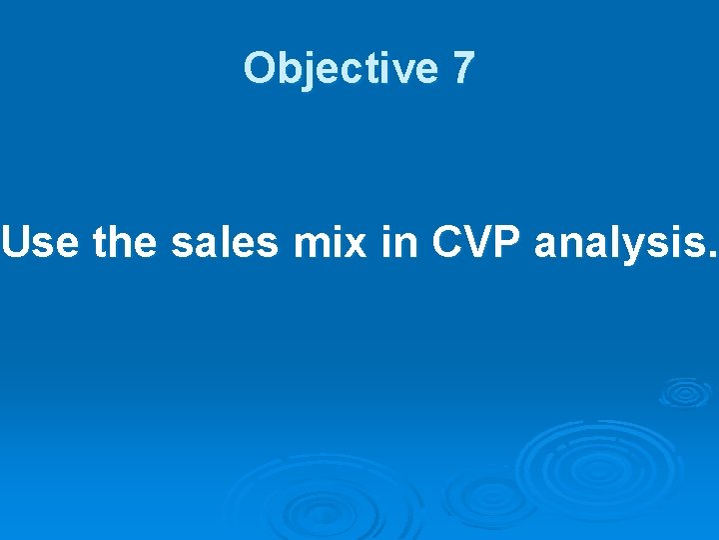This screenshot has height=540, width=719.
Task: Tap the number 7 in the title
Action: pos(462,69)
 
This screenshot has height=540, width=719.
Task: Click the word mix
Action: pos(331,243)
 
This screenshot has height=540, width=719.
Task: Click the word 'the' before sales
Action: pos(126,243)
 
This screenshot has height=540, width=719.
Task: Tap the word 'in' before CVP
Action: pos(396,243)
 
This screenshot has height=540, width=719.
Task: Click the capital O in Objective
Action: pos(260,69)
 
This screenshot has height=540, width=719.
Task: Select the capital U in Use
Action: pos(17,243)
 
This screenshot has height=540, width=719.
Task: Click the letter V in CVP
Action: pos(477,243)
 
